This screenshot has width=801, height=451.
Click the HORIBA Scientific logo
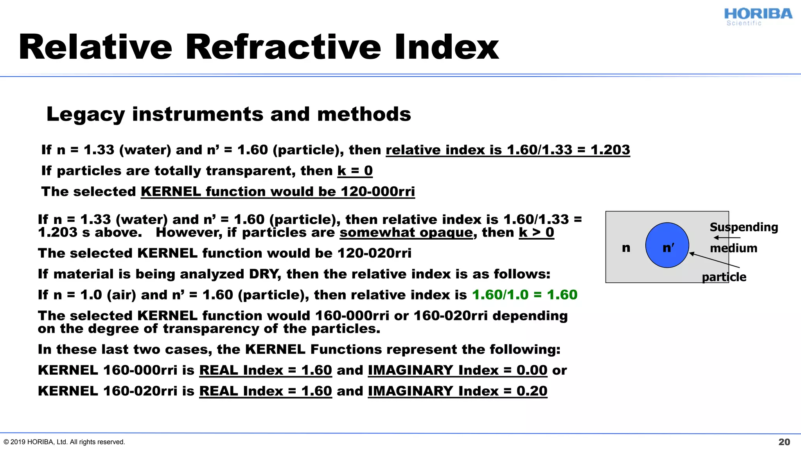pos(758,16)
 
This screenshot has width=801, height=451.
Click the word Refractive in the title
pos(283,47)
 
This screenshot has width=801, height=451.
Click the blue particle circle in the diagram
pos(667,245)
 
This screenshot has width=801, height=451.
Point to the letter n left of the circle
pos(626,247)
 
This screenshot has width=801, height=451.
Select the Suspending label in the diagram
pos(744,227)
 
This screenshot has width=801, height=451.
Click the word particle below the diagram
pos(724,277)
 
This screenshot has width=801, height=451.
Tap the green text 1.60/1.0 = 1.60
pos(524,295)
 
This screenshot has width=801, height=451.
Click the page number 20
pos(784,442)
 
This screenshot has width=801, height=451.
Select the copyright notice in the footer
pos(64,442)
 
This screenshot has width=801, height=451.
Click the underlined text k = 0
pos(355,171)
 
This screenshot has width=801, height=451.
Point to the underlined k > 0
pos(536,233)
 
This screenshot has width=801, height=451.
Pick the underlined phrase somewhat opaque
pos(406,233)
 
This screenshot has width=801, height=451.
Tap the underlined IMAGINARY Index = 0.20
pos(457,391)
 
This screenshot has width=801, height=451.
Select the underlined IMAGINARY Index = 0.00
pos(457,370)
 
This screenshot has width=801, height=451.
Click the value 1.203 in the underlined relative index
pos(610,150)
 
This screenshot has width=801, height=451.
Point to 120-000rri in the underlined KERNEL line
pos(377,192)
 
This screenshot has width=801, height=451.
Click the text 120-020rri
pos(374,253)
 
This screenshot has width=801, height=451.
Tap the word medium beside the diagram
pos(733,248)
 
